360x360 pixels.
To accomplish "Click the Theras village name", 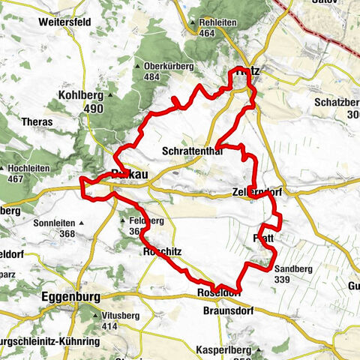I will (38, 121).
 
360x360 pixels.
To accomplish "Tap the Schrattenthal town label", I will (188, 151).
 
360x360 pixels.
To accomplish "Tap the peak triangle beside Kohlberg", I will (109, 97).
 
